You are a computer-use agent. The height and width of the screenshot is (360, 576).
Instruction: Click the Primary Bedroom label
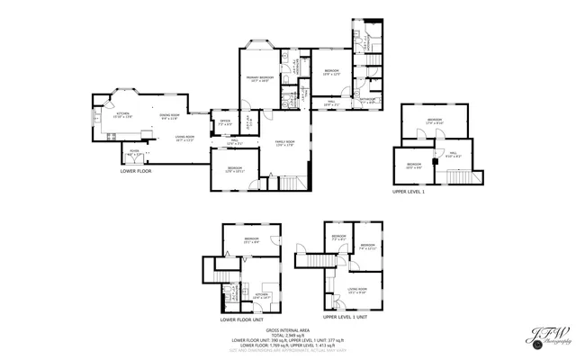click(261, 78)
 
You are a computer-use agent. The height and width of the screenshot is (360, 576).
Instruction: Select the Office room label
click(223, 121)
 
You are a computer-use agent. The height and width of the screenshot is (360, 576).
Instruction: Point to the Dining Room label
click(170, 116)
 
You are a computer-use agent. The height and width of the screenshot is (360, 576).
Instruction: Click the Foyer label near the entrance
click(133, 152)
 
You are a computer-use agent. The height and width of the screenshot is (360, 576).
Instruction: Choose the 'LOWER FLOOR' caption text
click(136, 170)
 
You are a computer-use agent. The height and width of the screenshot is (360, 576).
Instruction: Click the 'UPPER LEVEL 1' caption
click(408, 192)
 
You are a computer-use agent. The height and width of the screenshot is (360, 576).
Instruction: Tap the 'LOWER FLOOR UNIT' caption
click(244, 318)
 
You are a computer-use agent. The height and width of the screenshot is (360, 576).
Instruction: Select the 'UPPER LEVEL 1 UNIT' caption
click(346, 317)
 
